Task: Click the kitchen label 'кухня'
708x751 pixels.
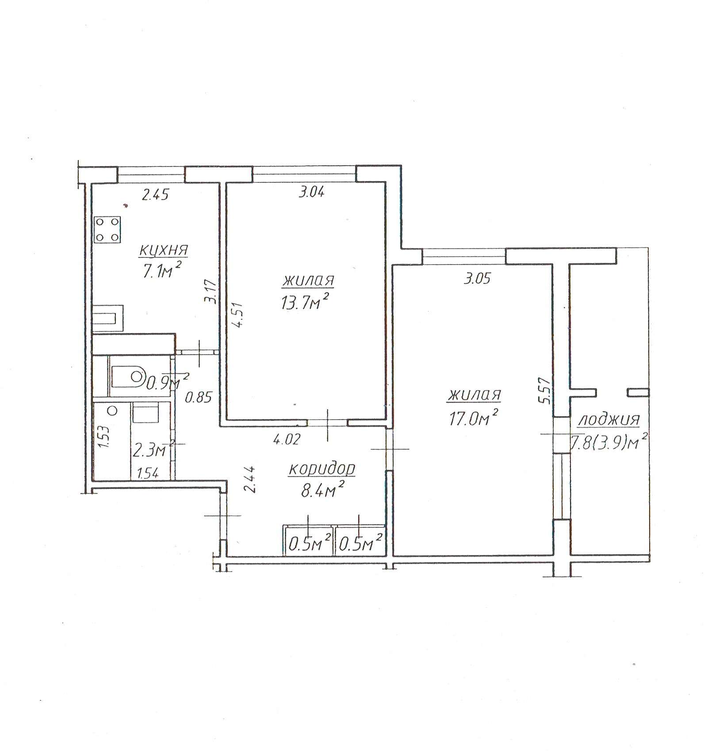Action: click(164, 250)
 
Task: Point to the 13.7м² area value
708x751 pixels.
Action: click(306, 301)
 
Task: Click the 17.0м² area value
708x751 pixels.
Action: click(474, 416)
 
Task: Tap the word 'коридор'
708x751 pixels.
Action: click(322, 469)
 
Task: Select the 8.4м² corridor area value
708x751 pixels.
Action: click(323, 489)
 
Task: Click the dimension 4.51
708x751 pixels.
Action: click(238, 315)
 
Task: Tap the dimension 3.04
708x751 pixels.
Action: click(311, 192)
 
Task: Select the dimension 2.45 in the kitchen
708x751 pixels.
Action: click(155, 194)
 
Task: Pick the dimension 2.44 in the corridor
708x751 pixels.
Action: click(251, 480)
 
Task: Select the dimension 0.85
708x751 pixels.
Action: click(199, 398)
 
